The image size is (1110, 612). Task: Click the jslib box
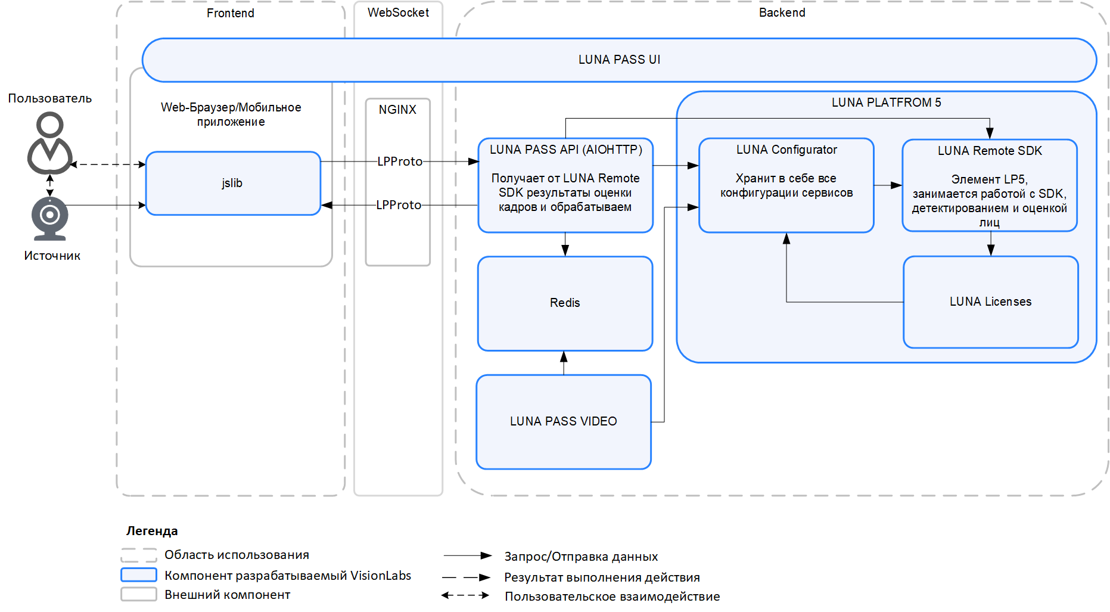pyautogui.click(x=233, y=184)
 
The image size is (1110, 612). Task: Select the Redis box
pyautogui.click(x=565, y=303)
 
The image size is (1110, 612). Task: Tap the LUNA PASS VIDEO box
pyautogui.click(x=563, y=421)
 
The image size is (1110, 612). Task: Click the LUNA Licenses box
pyautogui.click(x=990, y=302)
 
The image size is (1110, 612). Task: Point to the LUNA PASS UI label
pyautogui.click(x=619, y=60)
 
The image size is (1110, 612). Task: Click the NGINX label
pyautogui.click(x=397, y=110)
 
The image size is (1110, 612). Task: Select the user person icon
pyautogui.click(x=50, y=144)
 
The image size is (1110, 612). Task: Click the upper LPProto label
pyautogui.click(x=400, y=161)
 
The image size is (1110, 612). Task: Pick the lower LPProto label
pyautogui.click(x=399, y=205)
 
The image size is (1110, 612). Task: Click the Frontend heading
pyautogui.click(x=231, y=13)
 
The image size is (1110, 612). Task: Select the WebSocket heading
pyautogui.click(x=398, y=13)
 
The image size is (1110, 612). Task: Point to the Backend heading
pyautogui.click(x=782, y=13)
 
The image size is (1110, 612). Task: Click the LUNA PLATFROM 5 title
pyautogui.click(x=886, y=102)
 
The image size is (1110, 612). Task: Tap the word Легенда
pyautogui.click(x=152, y=531)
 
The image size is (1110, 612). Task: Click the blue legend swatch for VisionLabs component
pyautogui.click(x=139, y=575)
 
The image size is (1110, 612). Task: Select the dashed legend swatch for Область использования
pyautogui.click(x=139, y=555)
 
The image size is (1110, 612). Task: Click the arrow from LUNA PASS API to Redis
pyautogui.click(x=565, y=244)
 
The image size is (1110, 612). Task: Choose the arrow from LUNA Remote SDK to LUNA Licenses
pyautogui.click(x=990, y=244)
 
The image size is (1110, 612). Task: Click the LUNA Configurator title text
pyautogui.click(x=786, y=150)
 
